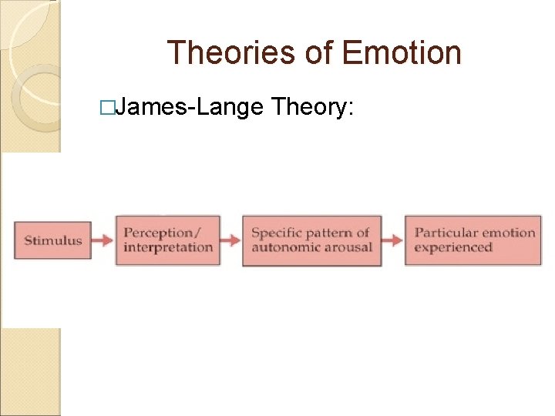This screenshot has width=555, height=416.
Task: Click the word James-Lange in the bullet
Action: tap(191, 108)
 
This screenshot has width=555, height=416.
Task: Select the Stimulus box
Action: tap(52, 240)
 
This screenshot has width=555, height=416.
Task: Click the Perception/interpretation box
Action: tap(168, 240)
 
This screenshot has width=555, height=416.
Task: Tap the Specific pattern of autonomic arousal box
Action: tap(312, 240)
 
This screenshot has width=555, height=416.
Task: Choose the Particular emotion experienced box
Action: tap(474, 240)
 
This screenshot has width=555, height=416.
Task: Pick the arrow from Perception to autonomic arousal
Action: tap(231, 240)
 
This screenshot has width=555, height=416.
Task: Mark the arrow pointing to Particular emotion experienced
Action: tap(393, 240)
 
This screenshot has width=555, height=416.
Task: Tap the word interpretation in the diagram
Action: tap(168, 247)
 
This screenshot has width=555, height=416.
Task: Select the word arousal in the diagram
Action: tap(348, 247)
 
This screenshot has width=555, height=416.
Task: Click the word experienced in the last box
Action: tap(453, 247)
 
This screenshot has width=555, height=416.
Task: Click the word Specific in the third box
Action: tap(276, 233)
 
